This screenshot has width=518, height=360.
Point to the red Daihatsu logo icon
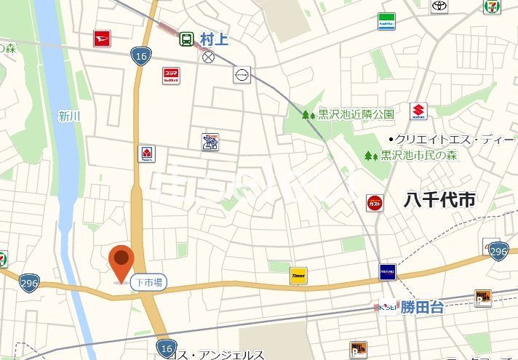click(102, 39)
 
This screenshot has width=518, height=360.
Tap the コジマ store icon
click(171, 76)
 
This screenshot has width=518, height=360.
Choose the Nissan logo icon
click(242, 75)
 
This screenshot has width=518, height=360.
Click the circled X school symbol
click(210, 57)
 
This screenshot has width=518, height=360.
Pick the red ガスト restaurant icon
click(375, 203)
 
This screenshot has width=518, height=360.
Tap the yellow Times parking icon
click(298, 275)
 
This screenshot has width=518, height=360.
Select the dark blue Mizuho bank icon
click(388, 273)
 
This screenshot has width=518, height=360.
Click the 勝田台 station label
click(422, 308)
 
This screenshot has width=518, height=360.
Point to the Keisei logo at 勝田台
click(387, 308)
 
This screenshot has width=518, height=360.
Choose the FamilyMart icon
click(386, 22)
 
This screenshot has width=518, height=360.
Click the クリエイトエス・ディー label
click(455, 139)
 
